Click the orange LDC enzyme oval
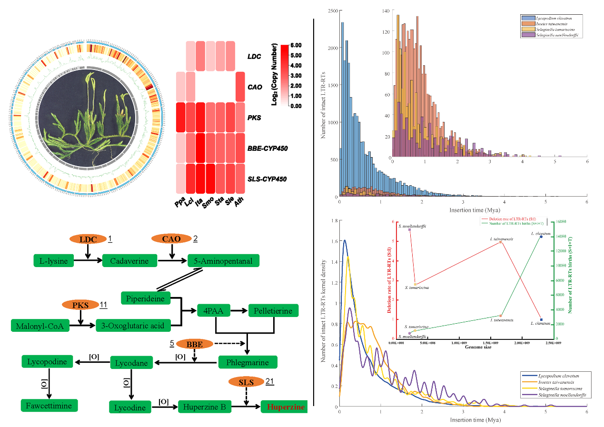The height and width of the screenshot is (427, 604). tap(87, 239)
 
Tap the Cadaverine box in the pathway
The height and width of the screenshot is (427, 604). tap(130, 261)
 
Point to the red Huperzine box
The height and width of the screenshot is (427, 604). tap(285, 407)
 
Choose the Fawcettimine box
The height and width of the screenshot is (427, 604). tap(49, 406)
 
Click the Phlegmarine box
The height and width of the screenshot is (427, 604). tap(247, 363)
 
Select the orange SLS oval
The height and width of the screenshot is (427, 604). tap(246, 382)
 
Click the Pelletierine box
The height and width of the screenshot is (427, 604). tap(273, 311)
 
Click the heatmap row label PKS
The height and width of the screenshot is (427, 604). tap(255, 117)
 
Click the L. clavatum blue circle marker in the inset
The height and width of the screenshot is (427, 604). tap(541, 237)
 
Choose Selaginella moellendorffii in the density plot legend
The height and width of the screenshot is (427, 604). tap(561, 395)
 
